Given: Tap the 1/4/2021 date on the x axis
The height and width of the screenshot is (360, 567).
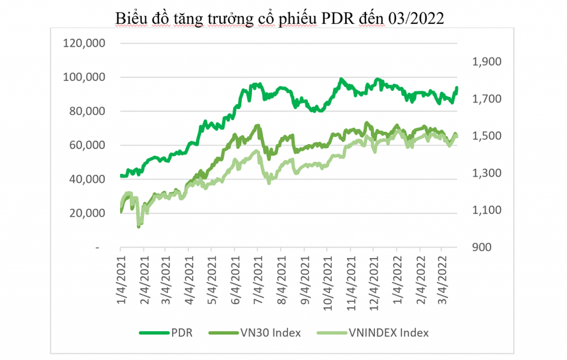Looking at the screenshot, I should pyautogui.click(x=121, y=276).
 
